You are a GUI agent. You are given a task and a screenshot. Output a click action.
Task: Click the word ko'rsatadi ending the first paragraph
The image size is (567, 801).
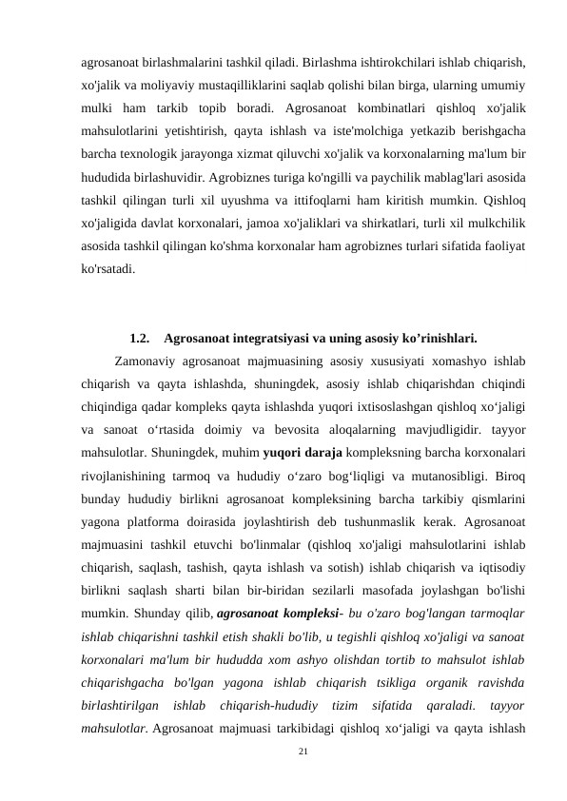(108, 268)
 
